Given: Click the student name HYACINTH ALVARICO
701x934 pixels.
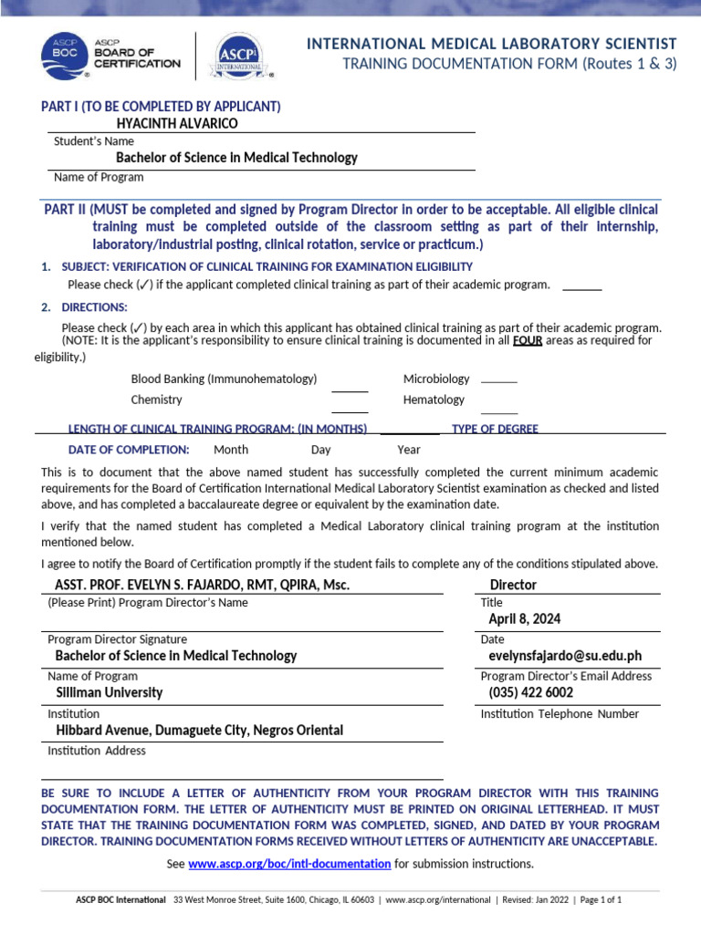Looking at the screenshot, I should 177,123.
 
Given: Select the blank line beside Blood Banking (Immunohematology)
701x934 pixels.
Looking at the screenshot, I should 350,390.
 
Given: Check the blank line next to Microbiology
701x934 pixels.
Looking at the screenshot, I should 498,380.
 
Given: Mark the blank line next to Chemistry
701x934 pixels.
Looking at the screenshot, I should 350,411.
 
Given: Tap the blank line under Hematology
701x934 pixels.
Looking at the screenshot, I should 498,413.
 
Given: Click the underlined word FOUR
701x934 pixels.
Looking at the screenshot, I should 527,341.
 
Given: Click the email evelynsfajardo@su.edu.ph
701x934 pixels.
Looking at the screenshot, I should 564,656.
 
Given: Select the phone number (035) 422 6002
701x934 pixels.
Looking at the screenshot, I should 530,692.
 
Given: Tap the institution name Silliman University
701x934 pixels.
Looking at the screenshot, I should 110,692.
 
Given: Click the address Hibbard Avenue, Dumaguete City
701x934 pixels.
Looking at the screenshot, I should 200,731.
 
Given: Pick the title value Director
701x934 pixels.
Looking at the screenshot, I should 513,585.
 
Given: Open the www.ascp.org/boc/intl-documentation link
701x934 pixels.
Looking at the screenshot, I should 289,864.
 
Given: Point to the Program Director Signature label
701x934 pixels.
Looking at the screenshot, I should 117,639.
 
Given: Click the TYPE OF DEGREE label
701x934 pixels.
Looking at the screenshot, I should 495,429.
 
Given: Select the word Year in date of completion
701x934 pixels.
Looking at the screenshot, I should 409,450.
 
